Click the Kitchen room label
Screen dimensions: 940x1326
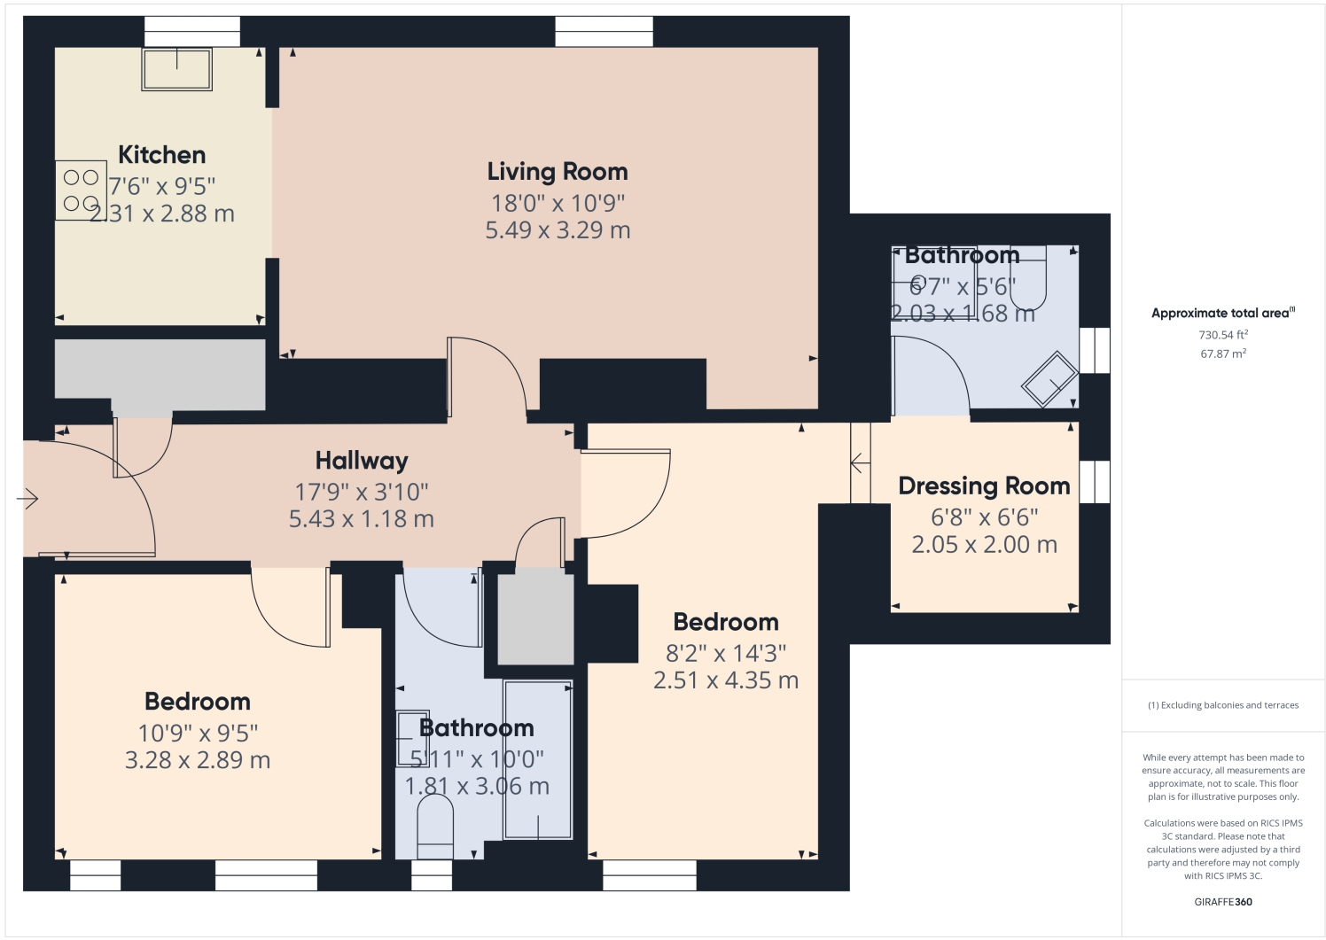pyautogui.click(x=161, y=155)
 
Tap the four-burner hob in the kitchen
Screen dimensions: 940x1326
pyautogui.click(x=81, y=190)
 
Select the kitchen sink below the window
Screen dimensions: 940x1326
pyautogui.click(x=177, y=69)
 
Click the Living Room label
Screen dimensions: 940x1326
pyautogui.click(x=557, y=172)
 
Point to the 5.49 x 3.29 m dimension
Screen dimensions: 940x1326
pyautogui.click(x=557, y=230)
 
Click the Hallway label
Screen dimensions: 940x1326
pyautogui.click(x=362, y=461)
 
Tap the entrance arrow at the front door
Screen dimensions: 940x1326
pyautogui.click(x=28, y=500)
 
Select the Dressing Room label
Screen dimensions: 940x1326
pyautogui.click(x=984, y=486)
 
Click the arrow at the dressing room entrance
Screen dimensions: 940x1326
pyautogui.click(x=857, y=463)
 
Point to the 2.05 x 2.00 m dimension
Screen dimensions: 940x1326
pyautogui.click(x=984, y=545)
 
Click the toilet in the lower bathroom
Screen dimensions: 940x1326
pyautogui.click(x=434, y=826)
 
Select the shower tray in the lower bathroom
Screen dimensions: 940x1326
pyautogui.click(x=538, y=759)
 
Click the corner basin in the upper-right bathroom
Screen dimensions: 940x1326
pyautogui.click(x=1050, y=380)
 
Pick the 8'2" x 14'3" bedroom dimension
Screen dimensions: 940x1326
pyautogui.click(x=726, y=654)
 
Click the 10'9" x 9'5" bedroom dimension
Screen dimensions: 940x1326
pyautogui.click(x=198, y=734)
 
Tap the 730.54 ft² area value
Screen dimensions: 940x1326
pyautogui.click(x=1222, y=336)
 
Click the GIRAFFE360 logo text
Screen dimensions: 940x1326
pyautogui.click(x=1222, y=903)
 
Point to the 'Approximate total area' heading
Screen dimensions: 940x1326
pyautogui.click(x=1222, y=314)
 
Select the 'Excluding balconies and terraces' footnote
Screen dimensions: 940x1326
pyautogui.click(x=1222, y=706)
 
